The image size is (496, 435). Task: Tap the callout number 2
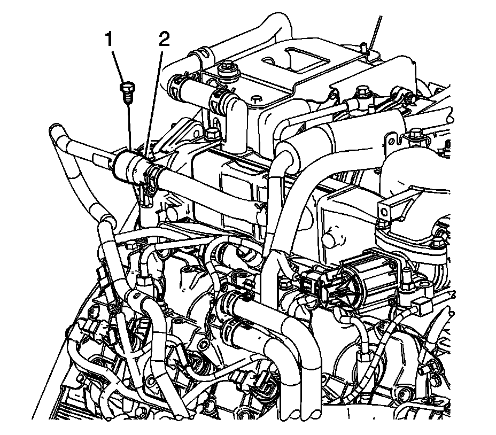pos(164,39)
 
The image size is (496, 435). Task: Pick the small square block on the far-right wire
pos(422,306)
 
